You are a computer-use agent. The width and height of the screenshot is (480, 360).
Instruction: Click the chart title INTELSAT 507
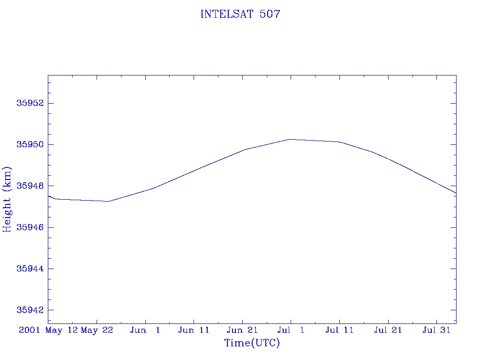pyautogui.click(x=240, y=14)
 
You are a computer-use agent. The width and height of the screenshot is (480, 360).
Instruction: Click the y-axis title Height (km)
pyautogui.click(x=7, y=199)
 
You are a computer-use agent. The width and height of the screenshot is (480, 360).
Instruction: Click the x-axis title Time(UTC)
pyautogui.click(x=252, y=343)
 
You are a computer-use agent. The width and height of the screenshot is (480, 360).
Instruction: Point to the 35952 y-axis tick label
pyautogui.click(x=30, y=103)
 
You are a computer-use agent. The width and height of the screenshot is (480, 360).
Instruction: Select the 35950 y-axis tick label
pyautogui.click(x=30, y=144)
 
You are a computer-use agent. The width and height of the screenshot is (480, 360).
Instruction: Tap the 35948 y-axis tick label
pyautogui.click(x=30, y=186)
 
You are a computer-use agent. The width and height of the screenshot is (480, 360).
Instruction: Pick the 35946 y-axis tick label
pyautogui.click(x=30, y=227)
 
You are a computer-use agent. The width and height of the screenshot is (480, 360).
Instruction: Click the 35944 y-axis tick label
pyautogui.click(x=30, y=269)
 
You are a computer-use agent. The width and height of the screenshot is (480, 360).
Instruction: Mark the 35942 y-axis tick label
pyautogui.click(x=30, y=310)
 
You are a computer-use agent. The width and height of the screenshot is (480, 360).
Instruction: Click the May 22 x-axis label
pyautogui.click(x=97, y=330)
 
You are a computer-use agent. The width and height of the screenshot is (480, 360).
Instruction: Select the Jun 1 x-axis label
pyautogui.click(x=145, y=330)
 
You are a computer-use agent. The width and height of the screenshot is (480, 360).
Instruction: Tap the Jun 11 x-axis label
pyautogui.click(x=194, y=330)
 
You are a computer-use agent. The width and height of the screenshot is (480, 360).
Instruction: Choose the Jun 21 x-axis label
pyautogui.click(x=242, y=330)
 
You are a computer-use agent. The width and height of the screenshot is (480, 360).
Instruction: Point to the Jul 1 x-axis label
pyautogui.click(x=291, y=330)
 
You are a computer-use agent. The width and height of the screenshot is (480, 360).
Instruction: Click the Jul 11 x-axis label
pyautogui.click(x=339, y=330)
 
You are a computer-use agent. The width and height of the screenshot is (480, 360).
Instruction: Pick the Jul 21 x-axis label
pyautogui.click(x=388, y=330)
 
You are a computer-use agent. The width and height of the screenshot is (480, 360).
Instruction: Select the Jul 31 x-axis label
pyautogui.click(x=436, y=330)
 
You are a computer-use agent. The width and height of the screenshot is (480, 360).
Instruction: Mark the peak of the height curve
pyautogui.click(x=290, y=139)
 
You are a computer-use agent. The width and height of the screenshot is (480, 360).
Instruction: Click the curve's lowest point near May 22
pyautogui.click(x=109, y=201)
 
